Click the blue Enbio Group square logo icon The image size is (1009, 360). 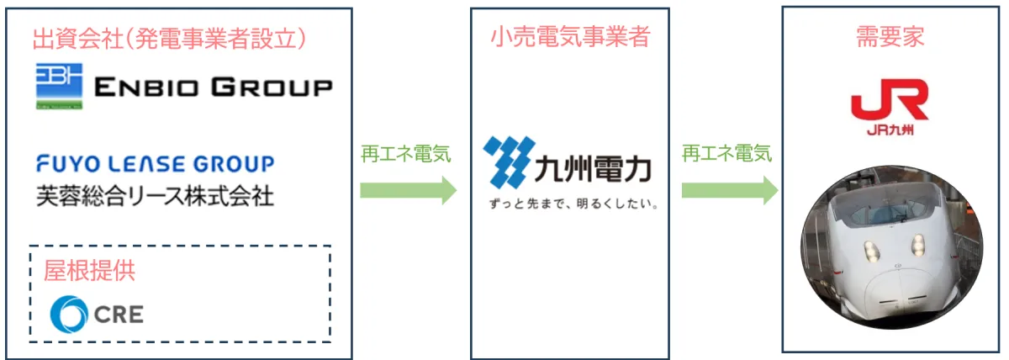tap(59, 86)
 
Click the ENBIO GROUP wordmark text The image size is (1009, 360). tap(214, 87)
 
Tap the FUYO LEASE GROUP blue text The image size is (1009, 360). tap(156, 163)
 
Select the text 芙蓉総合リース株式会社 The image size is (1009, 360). tap(156, 196)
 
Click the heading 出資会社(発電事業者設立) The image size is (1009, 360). tap(169, 39)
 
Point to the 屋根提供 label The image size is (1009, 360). tap(89, 270)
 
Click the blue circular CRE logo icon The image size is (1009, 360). tap(69, 314)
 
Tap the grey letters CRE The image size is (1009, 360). tap(119, 314)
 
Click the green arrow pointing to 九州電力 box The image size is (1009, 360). tap(408, 190)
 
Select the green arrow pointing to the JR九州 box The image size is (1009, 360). tap(730, 190)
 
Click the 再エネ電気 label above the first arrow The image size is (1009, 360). tap(406, 154)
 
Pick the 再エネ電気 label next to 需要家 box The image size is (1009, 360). tap(727, 153)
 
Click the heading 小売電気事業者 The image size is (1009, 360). tap(570, 36)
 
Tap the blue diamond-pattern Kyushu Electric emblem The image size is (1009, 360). tap(510, 162)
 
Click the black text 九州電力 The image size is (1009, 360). tap(594, 169)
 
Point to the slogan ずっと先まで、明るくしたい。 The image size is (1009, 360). tap(573, 204)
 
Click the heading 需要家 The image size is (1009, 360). tap(890, 36)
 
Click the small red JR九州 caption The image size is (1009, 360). tap(890, 130)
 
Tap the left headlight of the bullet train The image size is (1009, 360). tap(873, 251)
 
